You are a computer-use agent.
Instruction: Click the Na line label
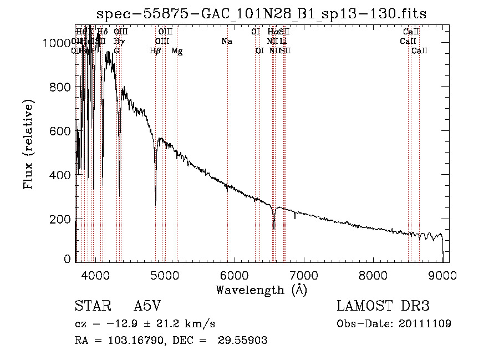coord(226,42)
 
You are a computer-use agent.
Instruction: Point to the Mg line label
coord(177,51)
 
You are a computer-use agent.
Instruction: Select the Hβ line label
coord(155,51)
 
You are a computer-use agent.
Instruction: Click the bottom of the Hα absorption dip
coord(274,228)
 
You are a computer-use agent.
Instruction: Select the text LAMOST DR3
coord(383,307)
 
